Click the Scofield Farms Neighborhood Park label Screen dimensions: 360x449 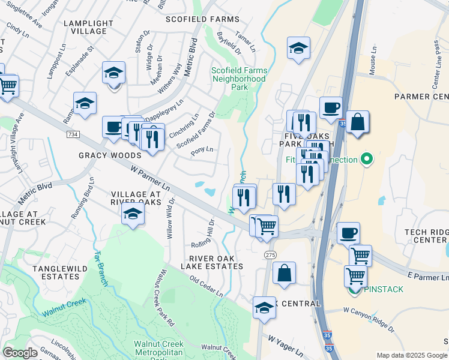tap(238, 79)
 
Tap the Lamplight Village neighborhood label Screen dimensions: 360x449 tap(88, 27)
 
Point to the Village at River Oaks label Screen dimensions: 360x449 tap(136, 198)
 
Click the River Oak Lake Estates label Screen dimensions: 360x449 tap(207, 262)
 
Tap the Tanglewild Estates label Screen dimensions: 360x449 tap(56, 272)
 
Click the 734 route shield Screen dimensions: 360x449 tap(73, 134)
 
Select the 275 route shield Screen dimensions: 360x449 tap(270, 255)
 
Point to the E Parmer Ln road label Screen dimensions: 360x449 tap(428, 277)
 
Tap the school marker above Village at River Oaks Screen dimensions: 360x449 tap(133, 214)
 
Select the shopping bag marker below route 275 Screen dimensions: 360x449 tap(284, 272)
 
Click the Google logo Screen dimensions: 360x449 tap(20, 353)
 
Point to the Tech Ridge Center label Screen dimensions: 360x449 tap(425, 236)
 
